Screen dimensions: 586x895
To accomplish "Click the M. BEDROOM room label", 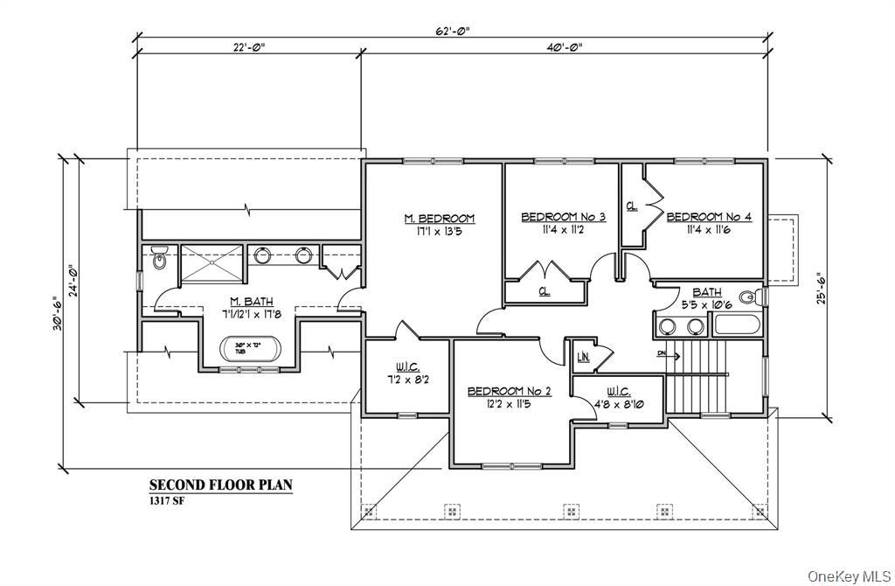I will pos(439,218).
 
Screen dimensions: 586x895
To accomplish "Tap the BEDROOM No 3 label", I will pos(564,216).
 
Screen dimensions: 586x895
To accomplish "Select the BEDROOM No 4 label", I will pos(709,216).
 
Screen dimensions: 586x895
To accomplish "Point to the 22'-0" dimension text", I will pos(248,47).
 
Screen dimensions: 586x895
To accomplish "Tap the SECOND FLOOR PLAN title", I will pos(220,485).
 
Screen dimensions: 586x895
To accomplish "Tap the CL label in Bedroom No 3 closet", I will pos(544,291).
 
